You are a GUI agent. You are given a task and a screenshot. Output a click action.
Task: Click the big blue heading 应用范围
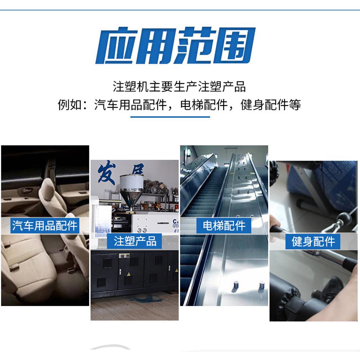pyautogui.click(x=175, y=46)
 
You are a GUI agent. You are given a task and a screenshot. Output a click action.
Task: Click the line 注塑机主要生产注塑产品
pyautogui.click(x=179, y=86)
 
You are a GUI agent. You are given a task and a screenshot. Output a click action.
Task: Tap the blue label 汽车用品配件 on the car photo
pyautogui.click(x=45, y=225)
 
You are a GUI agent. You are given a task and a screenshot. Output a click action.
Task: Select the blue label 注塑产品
pyautogui.click(x=135, y=241)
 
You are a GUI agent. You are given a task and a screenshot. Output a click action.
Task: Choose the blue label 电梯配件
pyautogui.click(x=224, y=225)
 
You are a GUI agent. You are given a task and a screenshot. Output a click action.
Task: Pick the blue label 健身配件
pyautogui.click(x=313, y=241)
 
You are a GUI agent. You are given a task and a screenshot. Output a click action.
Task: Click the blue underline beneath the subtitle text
pyautogui.click(x=170, y=117)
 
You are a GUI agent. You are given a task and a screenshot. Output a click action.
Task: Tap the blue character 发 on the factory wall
pyautogui.click(x=106, y=174)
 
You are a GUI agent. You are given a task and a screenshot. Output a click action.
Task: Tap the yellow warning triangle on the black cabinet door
pyautogui.click(x=129, y=274)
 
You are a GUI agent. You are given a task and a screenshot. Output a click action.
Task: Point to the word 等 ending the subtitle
pyautogui.click(x=295, y=105)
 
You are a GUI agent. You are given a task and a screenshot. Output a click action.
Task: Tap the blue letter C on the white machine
pyautogui.click(x=175, y=221)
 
